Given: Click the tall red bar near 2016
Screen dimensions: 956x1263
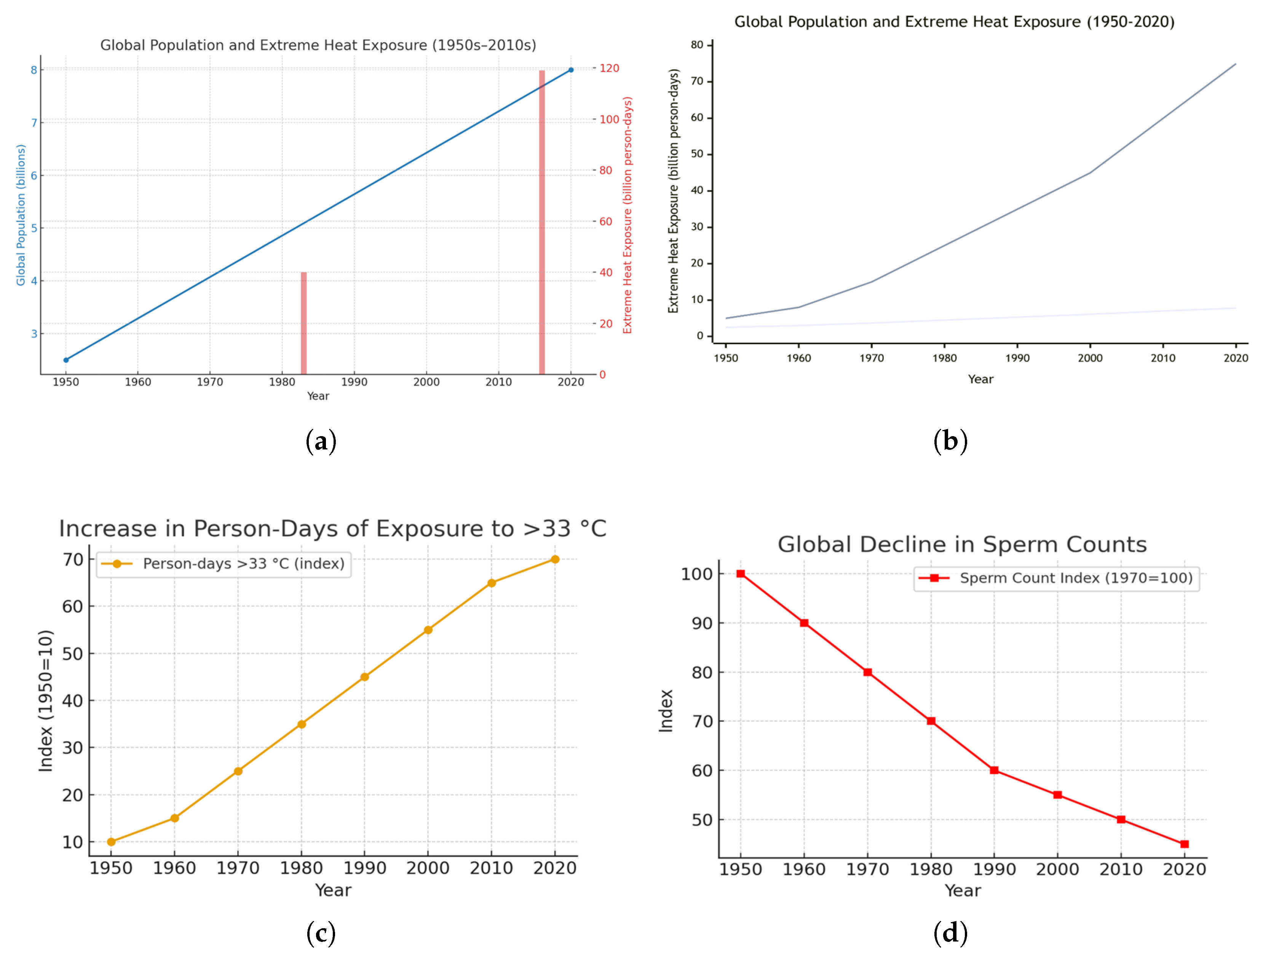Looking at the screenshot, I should pyautogui.click(x=542, y=223).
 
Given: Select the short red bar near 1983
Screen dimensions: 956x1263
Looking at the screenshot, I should pyautogui.click(x=304, y=323).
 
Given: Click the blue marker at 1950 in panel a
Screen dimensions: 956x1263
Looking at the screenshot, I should pyautogui.click(x=65, y=360).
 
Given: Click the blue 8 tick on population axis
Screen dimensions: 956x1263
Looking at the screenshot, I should pyautogui.click(x=34, y=70).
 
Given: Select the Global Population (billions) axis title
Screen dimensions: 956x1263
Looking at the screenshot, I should pyautogui.click(x=21, y=215).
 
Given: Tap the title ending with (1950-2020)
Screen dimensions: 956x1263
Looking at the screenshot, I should pyautogui.click(x=954, y=22).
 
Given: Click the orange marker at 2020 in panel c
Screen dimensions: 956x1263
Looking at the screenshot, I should pyautogui.click(x=554, y=559).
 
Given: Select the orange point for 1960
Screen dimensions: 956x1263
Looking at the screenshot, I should pyautogui.click(x=175, y=818).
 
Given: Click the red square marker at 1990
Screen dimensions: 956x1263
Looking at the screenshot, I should pyautogui.click(x=994, y=770).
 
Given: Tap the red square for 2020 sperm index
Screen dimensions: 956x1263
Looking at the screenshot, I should pyautogui.click(x=1184, y=844).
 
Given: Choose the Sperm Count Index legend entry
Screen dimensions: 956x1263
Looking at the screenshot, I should pyautogui.click(x=1056, y=578).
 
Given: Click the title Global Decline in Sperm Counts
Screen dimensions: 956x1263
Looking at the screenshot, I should pyautogui.click(x=962, y=544).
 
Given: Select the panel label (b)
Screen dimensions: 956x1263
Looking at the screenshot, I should pyautogui.click(x=950, y=441).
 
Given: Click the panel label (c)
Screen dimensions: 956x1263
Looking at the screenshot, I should pyautogui.click(x=321, y=933).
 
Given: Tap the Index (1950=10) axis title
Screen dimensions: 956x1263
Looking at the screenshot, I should pyautogui.click(x=46, y=701).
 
